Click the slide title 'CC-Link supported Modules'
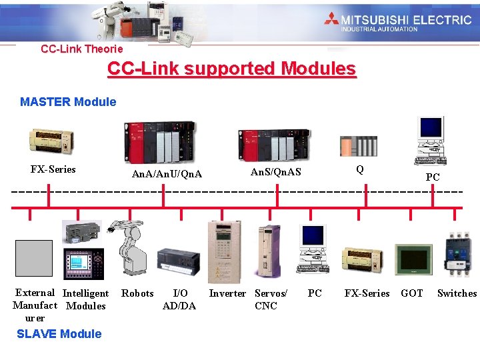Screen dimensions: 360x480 coord(232,69)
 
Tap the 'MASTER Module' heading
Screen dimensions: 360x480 coord(68,102)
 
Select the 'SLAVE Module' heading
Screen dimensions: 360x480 coord(59,334)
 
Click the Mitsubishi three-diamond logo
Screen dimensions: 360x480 coord(331,19)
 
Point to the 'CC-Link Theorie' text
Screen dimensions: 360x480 coord(82,49)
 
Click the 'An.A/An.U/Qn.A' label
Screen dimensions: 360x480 coord(167,175)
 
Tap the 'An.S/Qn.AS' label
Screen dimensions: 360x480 coord(276,172)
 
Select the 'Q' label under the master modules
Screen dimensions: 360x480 coord(360,169)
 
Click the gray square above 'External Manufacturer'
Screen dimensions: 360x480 coord(33,258)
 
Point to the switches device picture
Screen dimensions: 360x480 coord(458,254)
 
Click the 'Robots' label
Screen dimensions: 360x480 coord(137,293)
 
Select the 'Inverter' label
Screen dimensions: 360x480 coord(227,293)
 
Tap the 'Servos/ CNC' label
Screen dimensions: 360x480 coord(271,299)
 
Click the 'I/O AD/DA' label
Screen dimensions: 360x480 coord(179,299)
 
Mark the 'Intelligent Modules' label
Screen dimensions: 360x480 coord(86,299)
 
